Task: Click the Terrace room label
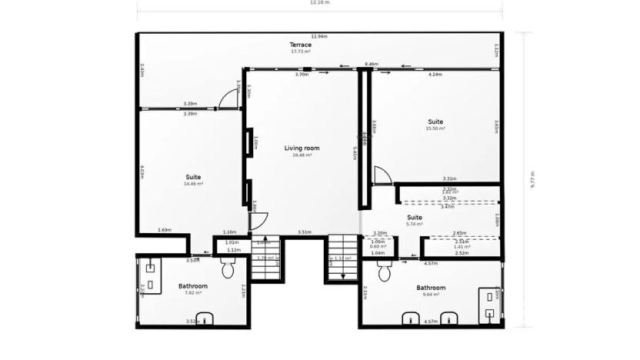tap(301, 45)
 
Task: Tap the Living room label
tap(302, 148)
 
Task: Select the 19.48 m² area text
tap(302, 155)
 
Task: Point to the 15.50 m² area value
tap(435, 128)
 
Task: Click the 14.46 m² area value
tap(193, 184)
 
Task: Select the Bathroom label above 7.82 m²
tap(193, 286)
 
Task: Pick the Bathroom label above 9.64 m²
tap(431, 288)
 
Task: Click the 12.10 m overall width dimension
tap(319, 3)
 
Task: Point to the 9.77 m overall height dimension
tap(532, 180)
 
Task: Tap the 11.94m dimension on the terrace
tap(319, 36)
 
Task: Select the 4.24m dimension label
tap(435, 75)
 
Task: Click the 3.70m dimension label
tap(302, 75)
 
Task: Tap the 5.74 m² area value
tap(415, 224)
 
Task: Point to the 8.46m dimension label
tap(372, 65)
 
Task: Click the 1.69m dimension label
tap(164, 230)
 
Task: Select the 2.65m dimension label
tap(459, 232)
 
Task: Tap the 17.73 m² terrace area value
tap(301, 52)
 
